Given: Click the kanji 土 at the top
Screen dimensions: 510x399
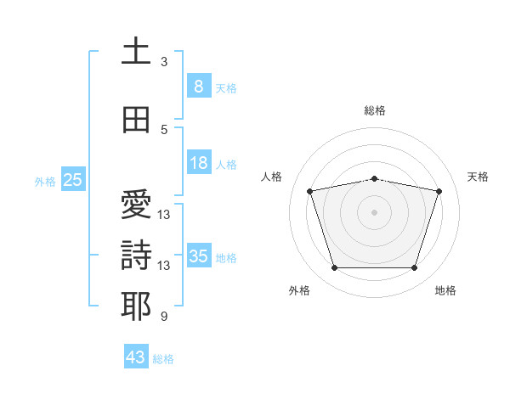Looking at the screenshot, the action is (136, 50).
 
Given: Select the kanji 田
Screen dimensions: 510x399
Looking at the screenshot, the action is (136, 120).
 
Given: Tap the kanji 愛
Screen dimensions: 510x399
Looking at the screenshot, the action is (136, 204).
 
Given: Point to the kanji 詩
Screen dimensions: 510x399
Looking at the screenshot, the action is (136, 255).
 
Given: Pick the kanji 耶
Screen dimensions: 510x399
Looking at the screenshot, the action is (136, 306).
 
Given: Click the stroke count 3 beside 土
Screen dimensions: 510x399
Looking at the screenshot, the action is (164, 62).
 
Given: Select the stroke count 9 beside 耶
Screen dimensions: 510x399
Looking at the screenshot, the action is (164, 316).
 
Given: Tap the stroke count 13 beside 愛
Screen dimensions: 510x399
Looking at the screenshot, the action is (163, 215).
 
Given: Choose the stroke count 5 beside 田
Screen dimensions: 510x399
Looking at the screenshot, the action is (164, 130).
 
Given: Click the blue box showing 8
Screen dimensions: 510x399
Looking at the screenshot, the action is (199, 86).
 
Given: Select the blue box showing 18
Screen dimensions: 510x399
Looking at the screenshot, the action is (199, 162).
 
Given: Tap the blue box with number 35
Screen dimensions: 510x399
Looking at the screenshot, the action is (199, 255).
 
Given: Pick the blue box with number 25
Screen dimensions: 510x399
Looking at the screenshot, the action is (73, 179).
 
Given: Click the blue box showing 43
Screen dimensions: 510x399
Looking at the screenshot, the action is (136, 356).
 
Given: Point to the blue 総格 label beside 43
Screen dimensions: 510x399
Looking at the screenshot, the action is (163, 359).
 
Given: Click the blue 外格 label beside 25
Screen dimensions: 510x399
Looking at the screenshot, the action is (45, 182).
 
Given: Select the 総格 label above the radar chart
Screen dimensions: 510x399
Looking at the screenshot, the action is (375, 110).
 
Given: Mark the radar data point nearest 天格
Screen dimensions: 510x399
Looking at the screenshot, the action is (439, 191).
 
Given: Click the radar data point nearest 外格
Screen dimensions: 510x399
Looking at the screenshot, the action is (335, 268).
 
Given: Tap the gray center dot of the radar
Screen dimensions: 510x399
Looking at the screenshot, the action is (374, 212).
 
